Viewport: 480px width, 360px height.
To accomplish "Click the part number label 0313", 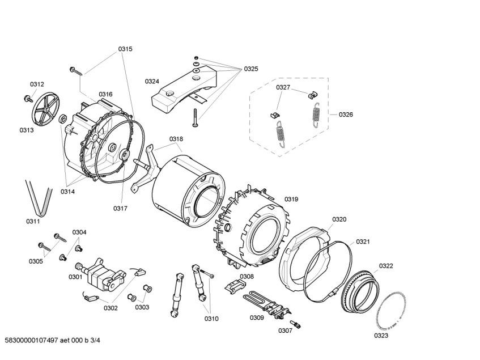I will [27, 130].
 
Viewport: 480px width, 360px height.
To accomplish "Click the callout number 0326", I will [346, 115].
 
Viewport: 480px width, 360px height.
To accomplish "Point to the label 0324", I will [152, 81].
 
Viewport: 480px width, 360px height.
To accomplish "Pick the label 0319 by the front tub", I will [291, 199].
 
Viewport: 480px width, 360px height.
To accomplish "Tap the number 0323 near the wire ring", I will [381, 336].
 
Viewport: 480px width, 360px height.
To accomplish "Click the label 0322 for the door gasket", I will [386, 265].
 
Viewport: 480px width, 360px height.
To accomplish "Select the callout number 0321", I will [363, 242].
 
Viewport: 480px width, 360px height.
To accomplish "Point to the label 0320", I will [339, 219].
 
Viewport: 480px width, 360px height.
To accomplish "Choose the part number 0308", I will [247, 277].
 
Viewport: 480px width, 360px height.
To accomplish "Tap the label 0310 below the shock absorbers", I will [211, 319].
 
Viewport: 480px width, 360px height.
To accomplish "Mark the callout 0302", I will [111, 308].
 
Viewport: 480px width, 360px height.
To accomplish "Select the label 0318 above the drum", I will [176, 139].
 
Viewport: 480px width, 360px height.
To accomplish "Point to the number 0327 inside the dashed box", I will [283, 87].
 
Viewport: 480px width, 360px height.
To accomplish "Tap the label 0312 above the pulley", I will [37, 84].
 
